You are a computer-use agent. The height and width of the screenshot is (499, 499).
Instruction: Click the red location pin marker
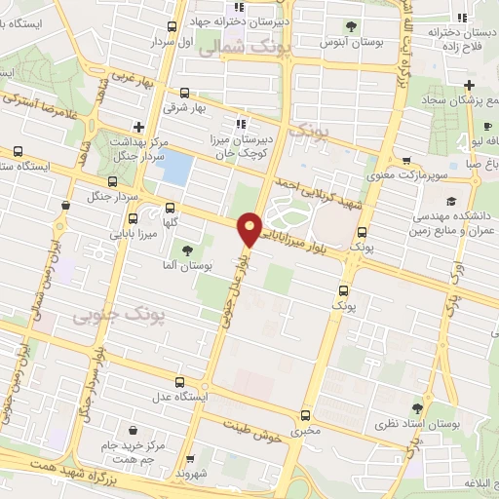250,229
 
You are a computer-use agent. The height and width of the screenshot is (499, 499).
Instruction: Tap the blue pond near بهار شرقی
175,168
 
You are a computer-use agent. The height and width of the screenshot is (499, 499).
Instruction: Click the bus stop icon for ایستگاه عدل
177,382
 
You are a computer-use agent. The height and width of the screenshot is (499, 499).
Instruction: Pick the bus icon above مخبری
306,415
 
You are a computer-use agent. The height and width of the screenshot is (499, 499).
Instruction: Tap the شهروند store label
195,473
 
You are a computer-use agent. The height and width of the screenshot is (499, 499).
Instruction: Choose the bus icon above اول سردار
173,27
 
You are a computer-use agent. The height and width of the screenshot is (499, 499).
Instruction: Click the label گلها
171,222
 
